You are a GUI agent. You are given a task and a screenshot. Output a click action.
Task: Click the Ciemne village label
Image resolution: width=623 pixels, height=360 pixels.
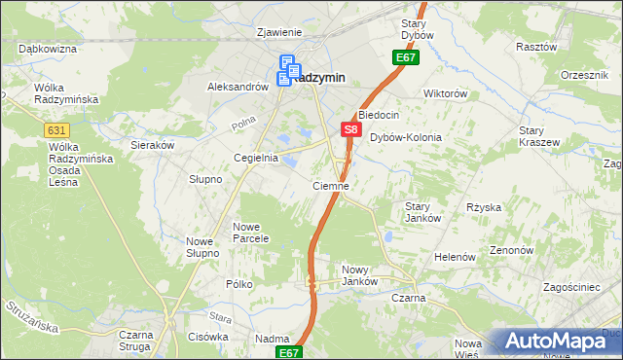[x=331, y=185]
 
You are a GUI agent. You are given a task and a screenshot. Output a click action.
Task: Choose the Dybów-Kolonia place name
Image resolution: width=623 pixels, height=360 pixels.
[x=406, y=138]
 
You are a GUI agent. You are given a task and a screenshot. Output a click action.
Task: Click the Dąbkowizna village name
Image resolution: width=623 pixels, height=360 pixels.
[x=48, y=48]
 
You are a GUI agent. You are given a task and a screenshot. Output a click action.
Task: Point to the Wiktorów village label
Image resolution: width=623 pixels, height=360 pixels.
[x=446, y=94]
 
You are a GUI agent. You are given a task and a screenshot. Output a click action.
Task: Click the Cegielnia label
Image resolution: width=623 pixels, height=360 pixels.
[x=256, y=158]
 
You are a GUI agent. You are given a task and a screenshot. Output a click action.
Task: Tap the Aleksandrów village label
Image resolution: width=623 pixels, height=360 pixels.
[x=238, y=87]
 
